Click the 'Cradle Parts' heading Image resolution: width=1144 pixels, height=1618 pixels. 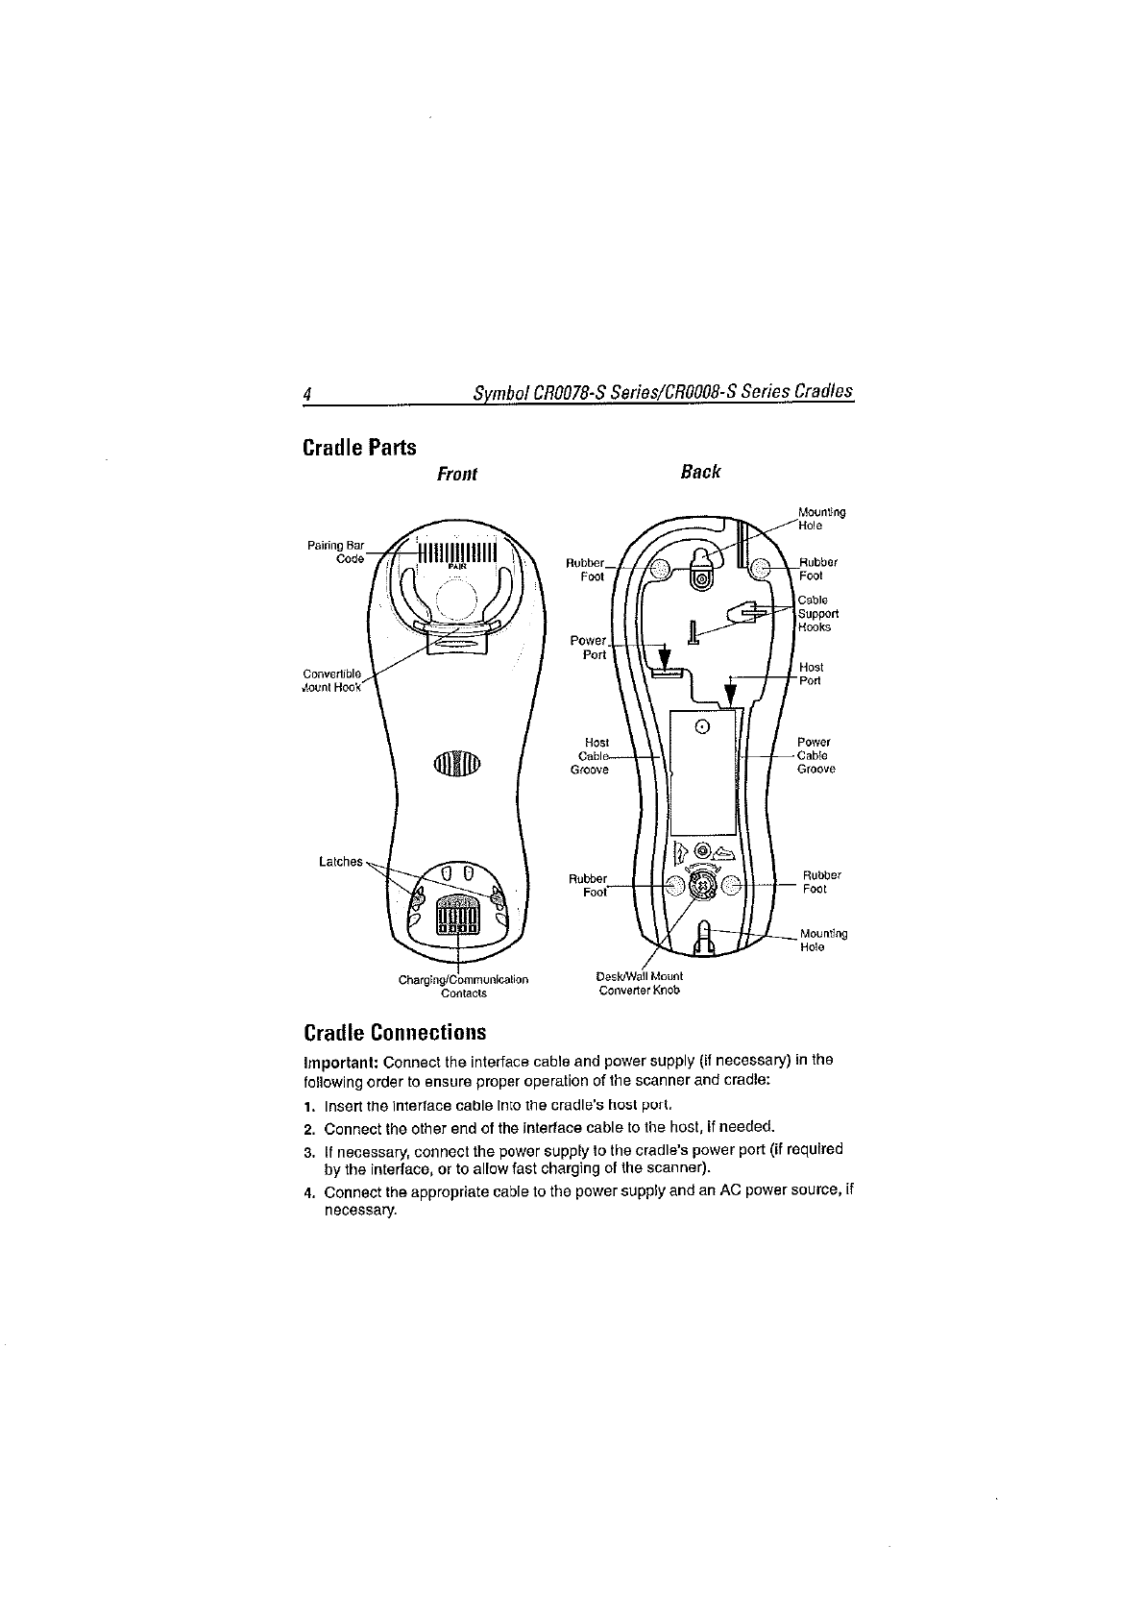click(359, 448)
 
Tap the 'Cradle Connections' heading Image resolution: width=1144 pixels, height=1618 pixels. click(394, 1033)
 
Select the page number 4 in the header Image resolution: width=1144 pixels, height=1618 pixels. click(306, 393)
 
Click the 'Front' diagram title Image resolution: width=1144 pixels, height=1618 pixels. click(456, 474)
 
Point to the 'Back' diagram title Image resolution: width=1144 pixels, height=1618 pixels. click(700, 471)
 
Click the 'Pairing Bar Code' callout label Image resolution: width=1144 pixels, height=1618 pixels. click(332, 553)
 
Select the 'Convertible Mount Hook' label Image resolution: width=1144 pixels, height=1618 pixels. click(331, 679)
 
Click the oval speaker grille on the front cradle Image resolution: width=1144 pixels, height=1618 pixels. click(456, 763)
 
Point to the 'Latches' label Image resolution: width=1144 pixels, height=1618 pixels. click(341, 861)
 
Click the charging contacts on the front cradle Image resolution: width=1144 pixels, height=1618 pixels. click(457, 915)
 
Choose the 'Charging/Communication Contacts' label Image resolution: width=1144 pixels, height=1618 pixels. click(463, 986)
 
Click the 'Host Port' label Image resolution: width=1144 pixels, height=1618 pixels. click(812, 674)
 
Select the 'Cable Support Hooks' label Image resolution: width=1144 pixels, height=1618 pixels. click(818, 613)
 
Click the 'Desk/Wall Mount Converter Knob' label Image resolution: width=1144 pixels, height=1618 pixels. click(639, 983)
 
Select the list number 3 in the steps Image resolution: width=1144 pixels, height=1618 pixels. click(308, 1150)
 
